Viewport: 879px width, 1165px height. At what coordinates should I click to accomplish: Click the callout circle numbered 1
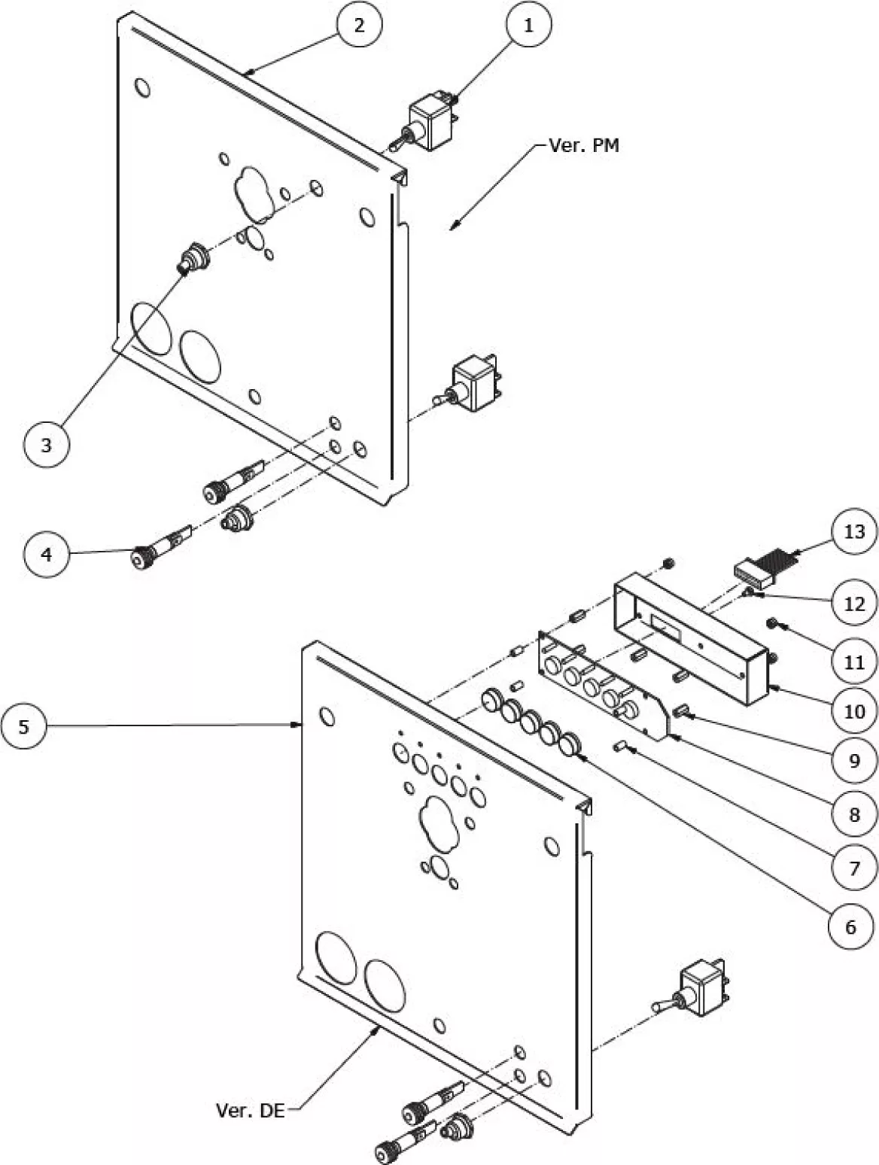pyautogui.click(x=528, y=24)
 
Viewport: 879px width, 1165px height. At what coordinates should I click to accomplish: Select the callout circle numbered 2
pyautogui.click(x=359, y=24)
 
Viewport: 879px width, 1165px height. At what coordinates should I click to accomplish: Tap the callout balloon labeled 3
pyautogui.click(x=46, y=444)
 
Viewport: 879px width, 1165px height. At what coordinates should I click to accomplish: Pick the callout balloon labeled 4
pyautogui.click(x=46, y=554)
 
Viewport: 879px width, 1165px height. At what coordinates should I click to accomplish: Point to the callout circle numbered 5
pyautogui.click(x=24, y=726)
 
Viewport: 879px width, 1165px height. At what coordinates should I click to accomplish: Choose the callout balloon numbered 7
pyautogui.click(x=854, y=868)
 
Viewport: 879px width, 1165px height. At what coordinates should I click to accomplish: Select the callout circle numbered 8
pyautogui.click(x=854, y=814)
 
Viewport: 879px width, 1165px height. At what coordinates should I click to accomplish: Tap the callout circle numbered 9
pyautogui.click(x=854, y=760)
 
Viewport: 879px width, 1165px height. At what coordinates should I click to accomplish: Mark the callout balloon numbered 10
pyautogui.click(x=854, y=710)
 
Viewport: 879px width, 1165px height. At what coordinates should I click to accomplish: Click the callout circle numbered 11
pyautogui.click(x=854, y=662)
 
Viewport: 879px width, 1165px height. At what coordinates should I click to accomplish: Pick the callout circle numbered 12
pyautogui.click(x=854, y=604)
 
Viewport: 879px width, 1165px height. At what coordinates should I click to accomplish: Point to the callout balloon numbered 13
pyautogui.click(x=854, y=531)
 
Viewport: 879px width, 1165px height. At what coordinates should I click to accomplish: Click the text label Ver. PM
pyautogui.click(x=584, y=145)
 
